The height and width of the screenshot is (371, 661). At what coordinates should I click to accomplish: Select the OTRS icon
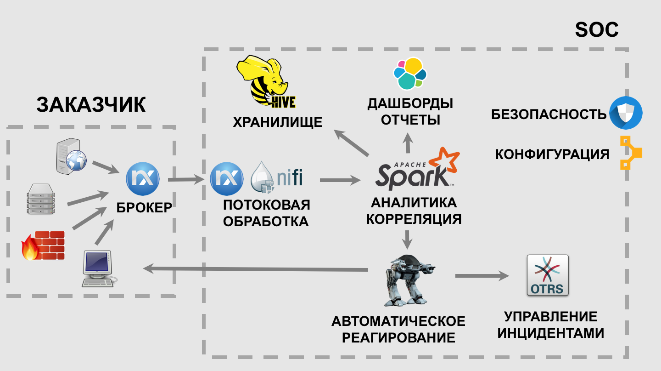coord(547,276)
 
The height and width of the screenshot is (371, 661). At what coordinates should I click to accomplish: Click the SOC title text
coord(596,30)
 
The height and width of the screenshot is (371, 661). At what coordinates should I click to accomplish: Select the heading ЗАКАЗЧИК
coord(91,105)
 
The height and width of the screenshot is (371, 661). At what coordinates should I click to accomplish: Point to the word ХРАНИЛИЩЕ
coord(277,122)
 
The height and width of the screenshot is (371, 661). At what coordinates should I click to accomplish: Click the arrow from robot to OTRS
coord(482,276)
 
